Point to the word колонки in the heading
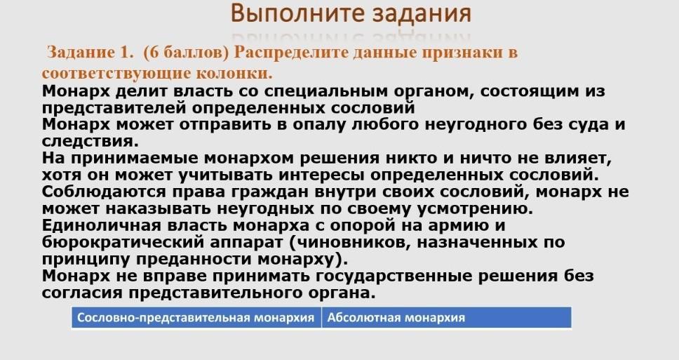[234, 73]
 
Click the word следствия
[90, 141]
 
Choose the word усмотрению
[475, 209]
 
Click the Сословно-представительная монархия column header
[196, 318]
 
